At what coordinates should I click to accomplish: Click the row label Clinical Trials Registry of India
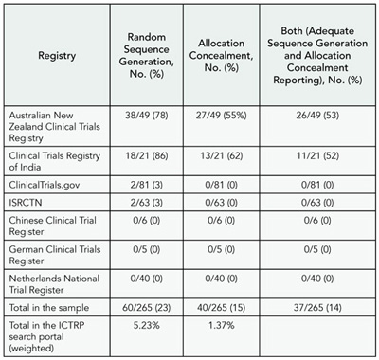click(54, 154)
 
